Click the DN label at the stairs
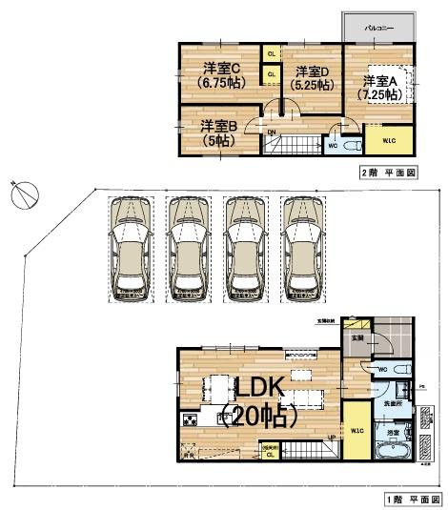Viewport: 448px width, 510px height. point(272,133)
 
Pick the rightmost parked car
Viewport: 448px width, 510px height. point(302,250)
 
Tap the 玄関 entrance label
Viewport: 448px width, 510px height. point(356,338)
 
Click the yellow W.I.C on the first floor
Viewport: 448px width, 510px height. point(355,431)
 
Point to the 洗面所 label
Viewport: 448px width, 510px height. point(393,404)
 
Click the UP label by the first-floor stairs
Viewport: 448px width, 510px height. point(331,438)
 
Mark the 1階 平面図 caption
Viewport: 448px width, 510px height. point(414,500)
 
